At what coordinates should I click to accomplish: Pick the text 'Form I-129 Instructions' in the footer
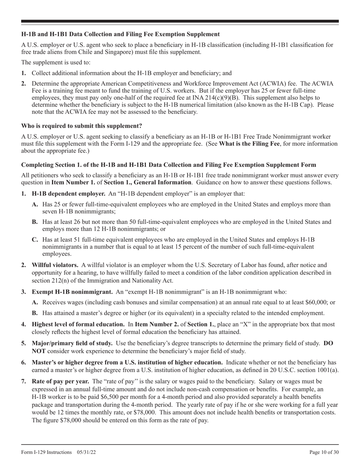(47, 452)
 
